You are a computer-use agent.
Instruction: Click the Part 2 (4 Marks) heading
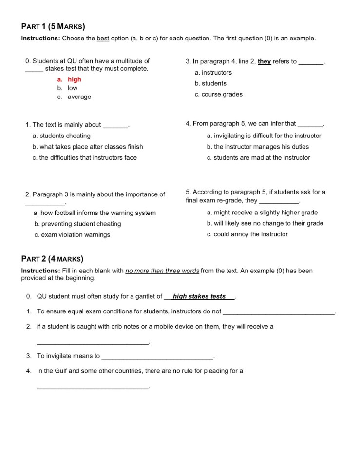click(52, 259)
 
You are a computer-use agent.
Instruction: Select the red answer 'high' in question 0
click(74, 79)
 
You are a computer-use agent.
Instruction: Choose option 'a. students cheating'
click(61, 136)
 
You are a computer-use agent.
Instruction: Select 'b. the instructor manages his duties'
click(258, 147)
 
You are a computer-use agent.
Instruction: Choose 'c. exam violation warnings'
click(72, 235)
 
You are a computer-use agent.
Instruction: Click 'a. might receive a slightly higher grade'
click(262, 213)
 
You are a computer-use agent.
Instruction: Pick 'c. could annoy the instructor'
click(247, 234)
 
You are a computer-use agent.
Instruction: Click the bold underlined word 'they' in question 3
click(264, 62)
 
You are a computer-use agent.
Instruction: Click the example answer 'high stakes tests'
click(199, 296)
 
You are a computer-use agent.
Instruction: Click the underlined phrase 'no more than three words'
click(162, 271)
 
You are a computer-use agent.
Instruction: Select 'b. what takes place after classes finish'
click(88, 147)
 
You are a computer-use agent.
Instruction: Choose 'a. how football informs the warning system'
click(95, 213)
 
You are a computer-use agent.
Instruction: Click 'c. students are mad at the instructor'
click(258, 157)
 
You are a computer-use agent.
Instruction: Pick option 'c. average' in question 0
click(74, 97)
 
